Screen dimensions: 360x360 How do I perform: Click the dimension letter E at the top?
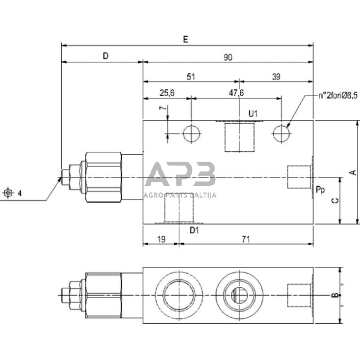point(186,39)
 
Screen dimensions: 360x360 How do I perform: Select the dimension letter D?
point(105,56)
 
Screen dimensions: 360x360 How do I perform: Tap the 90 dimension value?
point(228,57)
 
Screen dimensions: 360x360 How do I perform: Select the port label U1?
point(253,113)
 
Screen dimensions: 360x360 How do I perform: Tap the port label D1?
point(193,230)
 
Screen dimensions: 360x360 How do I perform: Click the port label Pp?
point(320,190)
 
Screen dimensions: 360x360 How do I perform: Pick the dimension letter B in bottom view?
point(334,295)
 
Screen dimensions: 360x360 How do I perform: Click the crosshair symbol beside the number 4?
point(8,193)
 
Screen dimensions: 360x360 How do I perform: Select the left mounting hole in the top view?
point(190,132)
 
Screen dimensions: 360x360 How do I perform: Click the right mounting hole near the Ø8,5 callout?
point(281,132)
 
